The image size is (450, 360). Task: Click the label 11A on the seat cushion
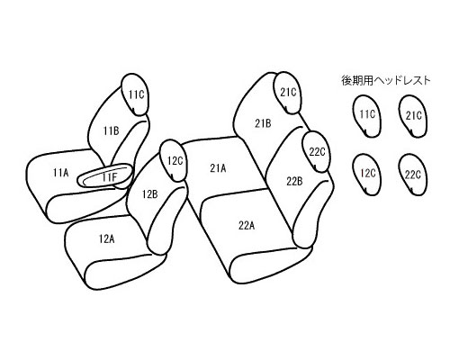point(61,173)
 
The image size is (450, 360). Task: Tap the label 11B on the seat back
point(112,131)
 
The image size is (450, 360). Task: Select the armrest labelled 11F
point(104,176)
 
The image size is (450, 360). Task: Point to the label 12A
point(107,239)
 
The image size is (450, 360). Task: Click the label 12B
point(150,194)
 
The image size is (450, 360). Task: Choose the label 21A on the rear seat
point(218,168)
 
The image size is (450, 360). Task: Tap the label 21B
point(263,123)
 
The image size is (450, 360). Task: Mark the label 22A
point(247,225)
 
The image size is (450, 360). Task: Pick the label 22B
point(294,182)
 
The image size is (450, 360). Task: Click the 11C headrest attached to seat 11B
point(136,94)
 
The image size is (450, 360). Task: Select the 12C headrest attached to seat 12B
point(174,160)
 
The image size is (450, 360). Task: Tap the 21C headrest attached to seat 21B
point(287,93)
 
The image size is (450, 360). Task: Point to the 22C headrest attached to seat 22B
point(316,152)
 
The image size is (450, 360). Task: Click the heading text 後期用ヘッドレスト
point(386,80)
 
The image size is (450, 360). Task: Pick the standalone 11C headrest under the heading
point(366,116)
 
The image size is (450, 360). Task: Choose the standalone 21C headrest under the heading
point(413,116)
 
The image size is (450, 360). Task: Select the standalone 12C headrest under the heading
point(366,175)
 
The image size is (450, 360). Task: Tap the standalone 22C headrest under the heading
point(413,175)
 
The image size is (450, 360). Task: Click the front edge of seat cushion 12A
point(125,273)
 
